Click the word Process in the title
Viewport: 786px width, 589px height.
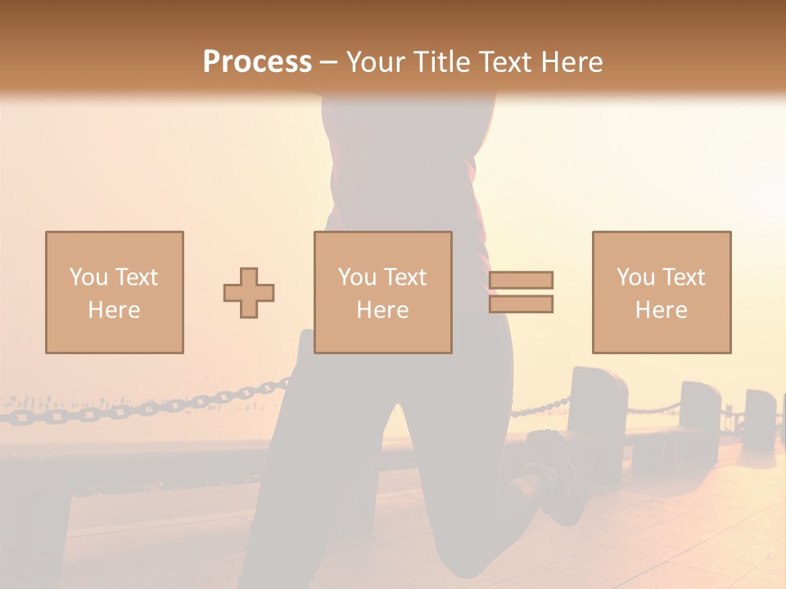[x=257, y=62]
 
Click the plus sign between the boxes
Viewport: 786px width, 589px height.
[x=249, y=292]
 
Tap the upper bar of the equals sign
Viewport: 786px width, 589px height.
[x=521, y=280]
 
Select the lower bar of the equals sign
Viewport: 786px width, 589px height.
[x=521, y=303]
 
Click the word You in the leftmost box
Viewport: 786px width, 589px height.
[x=88, y=277]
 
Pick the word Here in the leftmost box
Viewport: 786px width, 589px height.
[x=114, y=310]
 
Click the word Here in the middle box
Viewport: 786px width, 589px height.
[x=382, y=310]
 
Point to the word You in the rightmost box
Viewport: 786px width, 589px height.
[x=635, y=277]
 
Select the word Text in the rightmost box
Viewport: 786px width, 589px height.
[x=683, y=277]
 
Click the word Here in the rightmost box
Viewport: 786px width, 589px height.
[x=661, y=310]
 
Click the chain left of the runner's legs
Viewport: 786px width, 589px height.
[x=164, y=405]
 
